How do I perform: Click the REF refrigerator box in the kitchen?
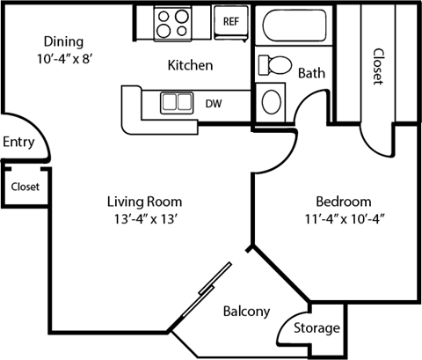(231, 20)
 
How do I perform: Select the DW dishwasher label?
(213, 103)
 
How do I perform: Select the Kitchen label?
(191, 66)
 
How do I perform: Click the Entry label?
(18, 143)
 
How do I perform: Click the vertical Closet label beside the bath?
(377, 66)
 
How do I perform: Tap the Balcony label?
(245, 312)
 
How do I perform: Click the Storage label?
(316, 328)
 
